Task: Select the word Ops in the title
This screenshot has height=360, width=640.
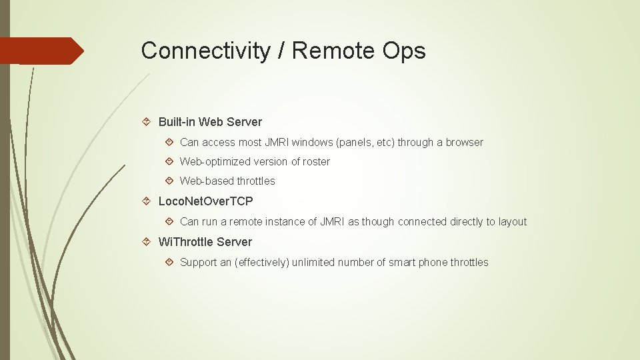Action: point(405,51)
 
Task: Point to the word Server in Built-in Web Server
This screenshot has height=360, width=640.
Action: point(244,122)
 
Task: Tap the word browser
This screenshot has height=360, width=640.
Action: point(465,142)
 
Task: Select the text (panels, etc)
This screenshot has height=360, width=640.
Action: point(366,142)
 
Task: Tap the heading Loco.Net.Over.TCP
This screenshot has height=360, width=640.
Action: point(205,201)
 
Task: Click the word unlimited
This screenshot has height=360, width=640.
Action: point(314,262)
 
